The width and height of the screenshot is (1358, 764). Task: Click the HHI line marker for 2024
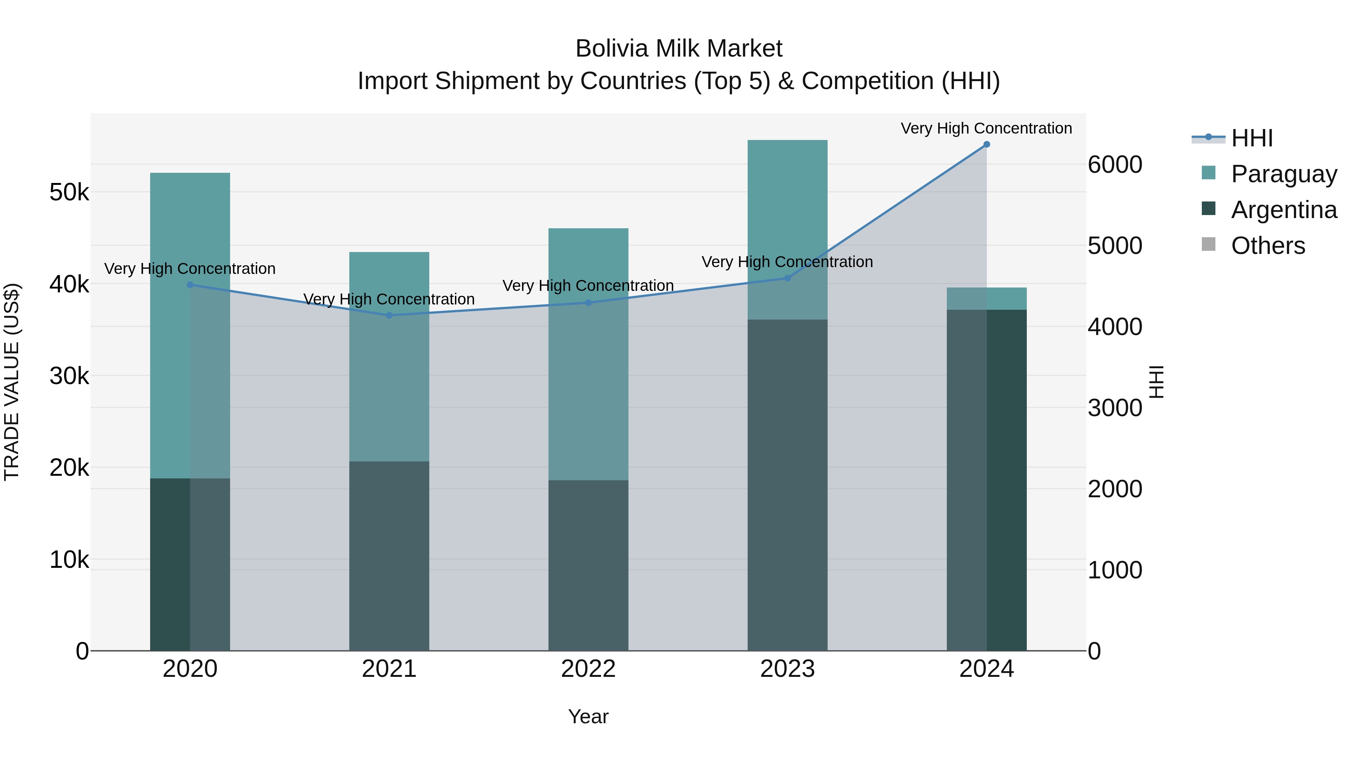(x=986, y=144)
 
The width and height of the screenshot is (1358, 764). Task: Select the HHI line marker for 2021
(x=389, y=315)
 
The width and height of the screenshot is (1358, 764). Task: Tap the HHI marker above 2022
(x=588, y=303)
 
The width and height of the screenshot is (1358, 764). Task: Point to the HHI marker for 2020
(x=190, y=285)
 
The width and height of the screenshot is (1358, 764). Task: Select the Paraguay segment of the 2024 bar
(x=986, y=298)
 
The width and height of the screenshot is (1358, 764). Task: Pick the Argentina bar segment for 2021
(x=389, y=556)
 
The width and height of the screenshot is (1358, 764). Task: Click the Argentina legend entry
(x=1284, y=210)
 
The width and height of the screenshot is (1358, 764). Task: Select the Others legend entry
(x=1268, y=246)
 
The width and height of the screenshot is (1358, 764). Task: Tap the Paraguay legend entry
(x=1284, y=174)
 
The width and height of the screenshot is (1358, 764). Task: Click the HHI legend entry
(x=1252, y=138)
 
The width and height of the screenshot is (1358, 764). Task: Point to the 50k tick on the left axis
(x=69, y=192)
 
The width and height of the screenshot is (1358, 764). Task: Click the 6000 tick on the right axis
(x=1114, y=164)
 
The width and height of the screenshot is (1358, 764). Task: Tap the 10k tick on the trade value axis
(x=69, y=560)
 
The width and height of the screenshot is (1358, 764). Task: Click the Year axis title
(x=588, y=716)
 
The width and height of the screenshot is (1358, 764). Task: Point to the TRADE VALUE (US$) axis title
(x=12, y=382)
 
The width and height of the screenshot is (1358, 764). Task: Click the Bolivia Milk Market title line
(x=679, y=49)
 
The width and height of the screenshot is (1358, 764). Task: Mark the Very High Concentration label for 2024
(x=986, y=128)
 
